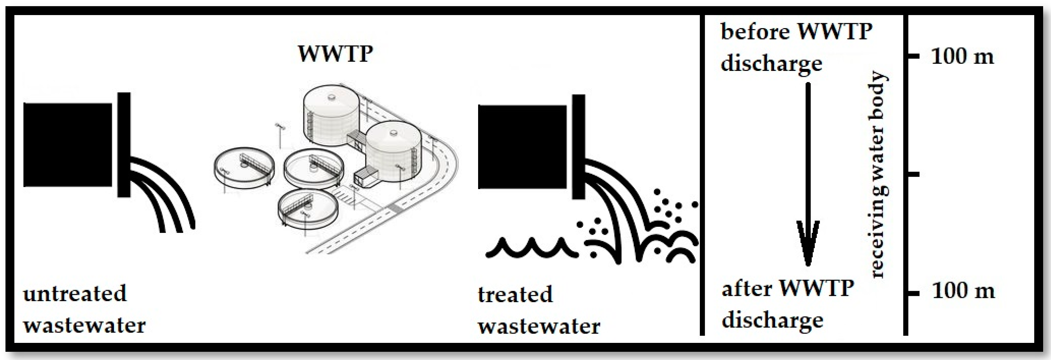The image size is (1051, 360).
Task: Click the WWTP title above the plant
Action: tap(335, 53)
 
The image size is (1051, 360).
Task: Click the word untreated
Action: tap(75, 294)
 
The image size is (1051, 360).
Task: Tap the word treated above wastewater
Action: tap(515, 295)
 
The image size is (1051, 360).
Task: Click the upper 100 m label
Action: tap(962, 56)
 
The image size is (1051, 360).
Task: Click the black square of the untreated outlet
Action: tap(68, 145)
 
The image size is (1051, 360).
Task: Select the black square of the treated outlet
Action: tap(522, 147)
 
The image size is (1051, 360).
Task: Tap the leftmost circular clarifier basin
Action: tap(244, 167)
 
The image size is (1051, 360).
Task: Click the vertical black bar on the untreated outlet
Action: tap(124, 145)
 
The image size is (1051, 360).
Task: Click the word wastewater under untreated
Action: tap(84, 325)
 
